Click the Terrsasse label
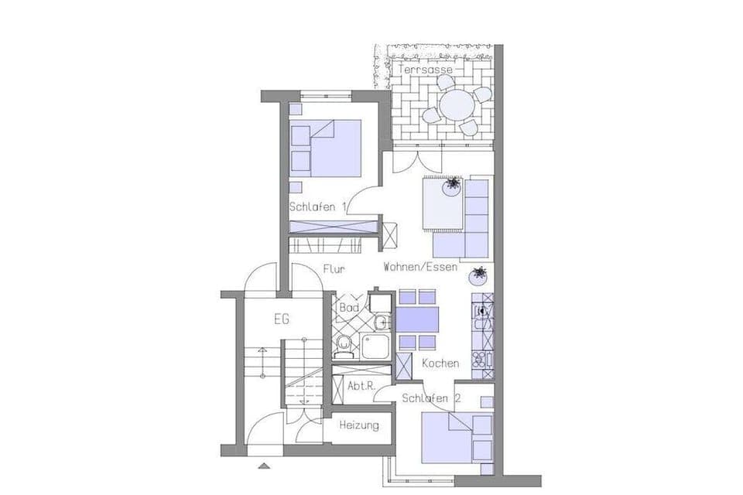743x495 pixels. point(426,70)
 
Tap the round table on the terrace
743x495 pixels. point(456,105)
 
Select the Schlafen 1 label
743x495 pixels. point(318,207)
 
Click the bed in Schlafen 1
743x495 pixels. point(326,148)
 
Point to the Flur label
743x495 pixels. point(334,269)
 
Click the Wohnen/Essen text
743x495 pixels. point(420,267)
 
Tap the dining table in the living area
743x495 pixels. point(417,319)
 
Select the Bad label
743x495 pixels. point(349,307)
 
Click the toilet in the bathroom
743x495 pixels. point(343,346)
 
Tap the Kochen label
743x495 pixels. point(440,364)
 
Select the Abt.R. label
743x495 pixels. point(361,386)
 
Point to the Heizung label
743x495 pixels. point(359,425)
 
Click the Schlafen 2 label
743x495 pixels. point(431,398)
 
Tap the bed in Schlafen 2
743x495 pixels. point(457,439)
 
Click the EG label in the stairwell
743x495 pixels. point(282,319)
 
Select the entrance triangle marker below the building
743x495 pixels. point(265,466)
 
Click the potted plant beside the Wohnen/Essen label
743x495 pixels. point(478,275)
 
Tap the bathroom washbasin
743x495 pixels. point(381,323)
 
